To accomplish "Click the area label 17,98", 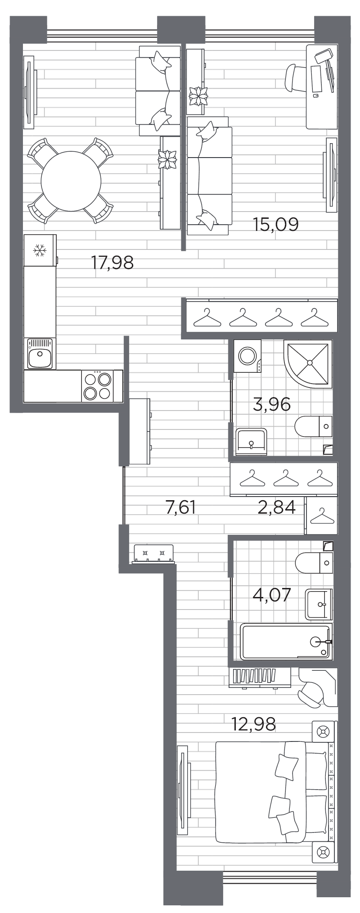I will (112, 262).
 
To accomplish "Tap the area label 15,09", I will (276, 224).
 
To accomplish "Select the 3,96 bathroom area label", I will (272, 404).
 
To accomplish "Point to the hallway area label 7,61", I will (180, 507).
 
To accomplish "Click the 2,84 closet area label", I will (276, 507).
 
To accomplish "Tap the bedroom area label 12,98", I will (253, 724).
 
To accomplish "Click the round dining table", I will (71, 181).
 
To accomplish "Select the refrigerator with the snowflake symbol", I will (40, 250).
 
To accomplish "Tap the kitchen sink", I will (40, 353).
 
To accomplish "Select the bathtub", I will (286, 642).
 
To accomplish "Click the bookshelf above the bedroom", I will (259, 677).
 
